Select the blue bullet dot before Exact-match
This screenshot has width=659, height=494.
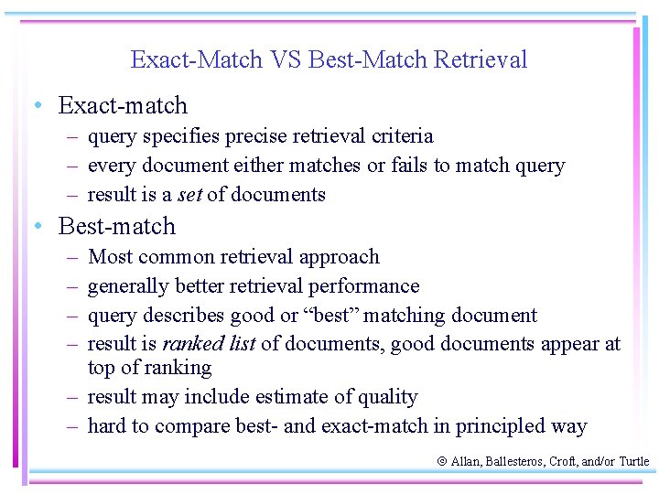click(35, 106)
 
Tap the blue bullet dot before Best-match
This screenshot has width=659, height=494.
click(35, 226)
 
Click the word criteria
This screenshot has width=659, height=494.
click(403, 136)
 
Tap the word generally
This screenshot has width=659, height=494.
click(128, 287)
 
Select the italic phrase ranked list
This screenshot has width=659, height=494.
click(209, 344)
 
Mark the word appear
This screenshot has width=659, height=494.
click(569, 345)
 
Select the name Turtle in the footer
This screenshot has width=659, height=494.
click(633, 462)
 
